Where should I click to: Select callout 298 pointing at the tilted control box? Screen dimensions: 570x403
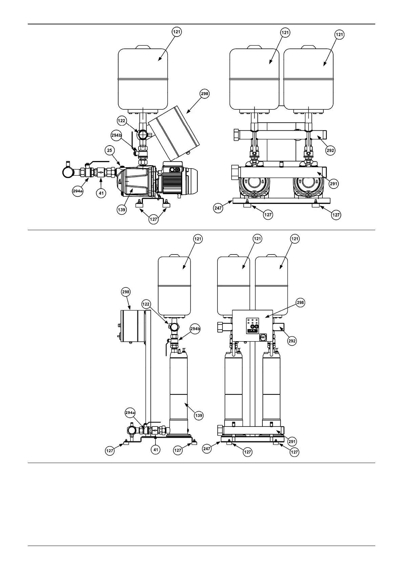pyautogui.click(x=205, y=94)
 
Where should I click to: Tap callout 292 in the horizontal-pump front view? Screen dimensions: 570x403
pyautogui.click(x=331, y=150)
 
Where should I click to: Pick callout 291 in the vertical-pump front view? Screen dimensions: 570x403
pyautogui.click(x=292, y=441)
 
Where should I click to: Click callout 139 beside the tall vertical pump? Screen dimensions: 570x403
pyautogui.click(x=199, y=415)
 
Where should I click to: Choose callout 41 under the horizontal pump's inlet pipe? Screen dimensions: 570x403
pyautogui.click(x=101, y=193)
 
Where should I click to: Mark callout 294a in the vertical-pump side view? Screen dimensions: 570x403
pyautogui.click(x=130, y=413)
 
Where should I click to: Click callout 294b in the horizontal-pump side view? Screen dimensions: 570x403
pyautogui.click(x=116, y=135)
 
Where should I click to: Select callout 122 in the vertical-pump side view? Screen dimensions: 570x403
pyautogui.click(x=146, y=304)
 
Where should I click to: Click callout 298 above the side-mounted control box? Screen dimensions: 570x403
pyautogui.click(x=126, y=292)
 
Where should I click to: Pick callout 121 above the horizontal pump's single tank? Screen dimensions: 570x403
pyautogui.click(x=177, y=32)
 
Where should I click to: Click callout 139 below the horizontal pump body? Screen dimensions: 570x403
pyautogui.click(x=122, y=210)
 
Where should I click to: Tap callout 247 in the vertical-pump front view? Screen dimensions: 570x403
pyautogui.click(x=207, y=449)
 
